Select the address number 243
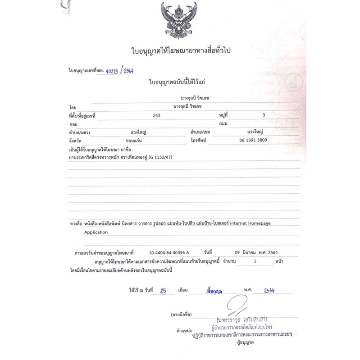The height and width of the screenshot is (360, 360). click(x=157, y=115)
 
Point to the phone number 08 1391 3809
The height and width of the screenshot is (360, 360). click(x=255, y=140)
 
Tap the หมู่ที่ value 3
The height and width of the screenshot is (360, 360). click(x=263, y=115)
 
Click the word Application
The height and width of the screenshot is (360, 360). click(x=96, y=232)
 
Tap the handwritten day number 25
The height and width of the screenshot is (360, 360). click(x=164, y=291)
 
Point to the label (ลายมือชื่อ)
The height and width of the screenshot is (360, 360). click(x=182, y=314)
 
